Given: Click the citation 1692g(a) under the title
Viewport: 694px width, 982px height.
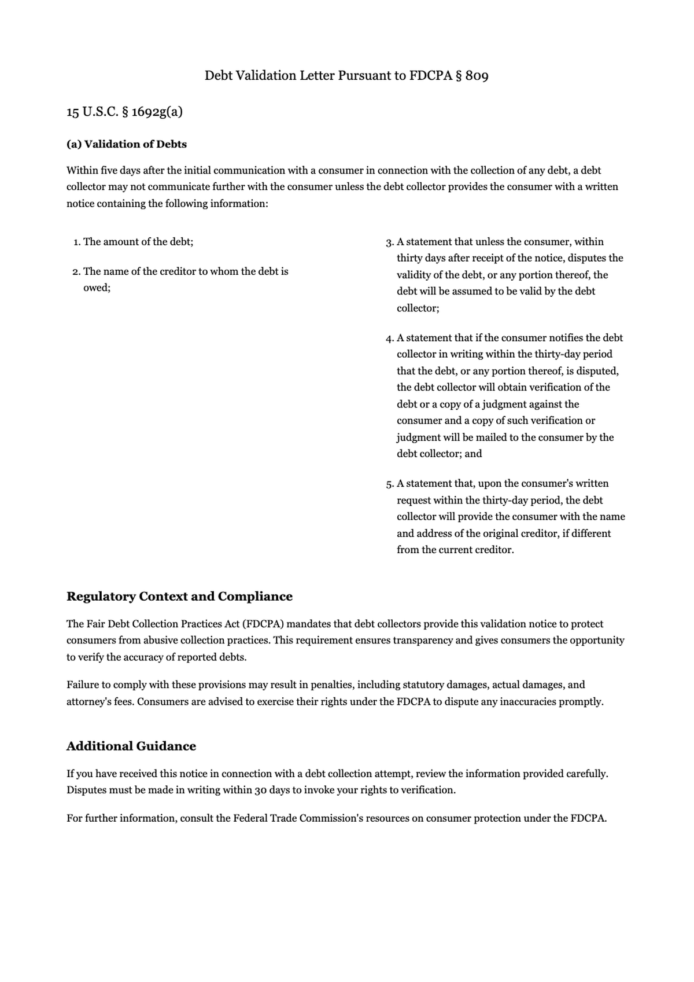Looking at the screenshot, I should [157, 112].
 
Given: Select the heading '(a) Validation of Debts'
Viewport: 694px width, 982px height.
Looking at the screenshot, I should [127, 144].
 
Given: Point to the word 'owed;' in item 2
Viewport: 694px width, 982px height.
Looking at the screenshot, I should [97, 288].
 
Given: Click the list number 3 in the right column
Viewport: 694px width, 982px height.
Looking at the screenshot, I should [389, 242].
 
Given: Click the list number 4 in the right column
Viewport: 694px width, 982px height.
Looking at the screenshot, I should [389, 338].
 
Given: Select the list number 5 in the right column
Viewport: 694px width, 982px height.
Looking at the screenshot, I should [389, 484].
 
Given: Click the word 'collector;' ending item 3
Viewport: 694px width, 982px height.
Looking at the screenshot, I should [418, 308].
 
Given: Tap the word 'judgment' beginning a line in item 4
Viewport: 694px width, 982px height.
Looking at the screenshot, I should [419, 437].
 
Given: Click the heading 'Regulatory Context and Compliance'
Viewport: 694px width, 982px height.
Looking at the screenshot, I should [179, 597].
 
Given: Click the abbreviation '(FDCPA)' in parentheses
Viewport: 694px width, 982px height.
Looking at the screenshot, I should [263, 624].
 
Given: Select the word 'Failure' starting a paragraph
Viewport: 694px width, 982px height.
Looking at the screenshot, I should [83, 685].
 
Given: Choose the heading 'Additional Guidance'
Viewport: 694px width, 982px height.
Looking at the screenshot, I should [131, 746].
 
